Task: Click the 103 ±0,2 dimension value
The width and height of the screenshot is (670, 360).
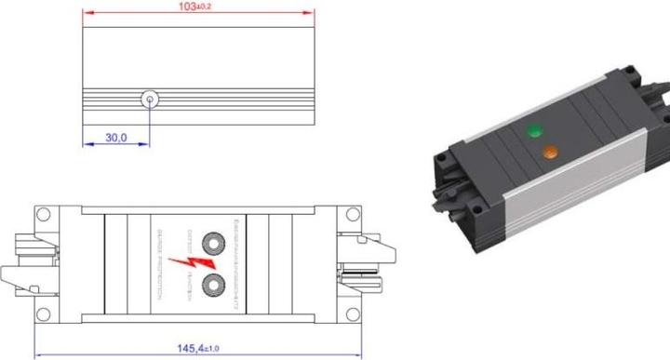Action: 197,7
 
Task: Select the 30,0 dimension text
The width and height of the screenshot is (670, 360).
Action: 115,137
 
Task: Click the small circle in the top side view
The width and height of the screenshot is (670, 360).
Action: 148,99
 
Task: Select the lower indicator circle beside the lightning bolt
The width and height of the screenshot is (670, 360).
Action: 215,284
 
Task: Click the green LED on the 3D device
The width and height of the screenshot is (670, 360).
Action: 534,131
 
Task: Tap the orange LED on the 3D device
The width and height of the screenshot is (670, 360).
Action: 550,150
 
